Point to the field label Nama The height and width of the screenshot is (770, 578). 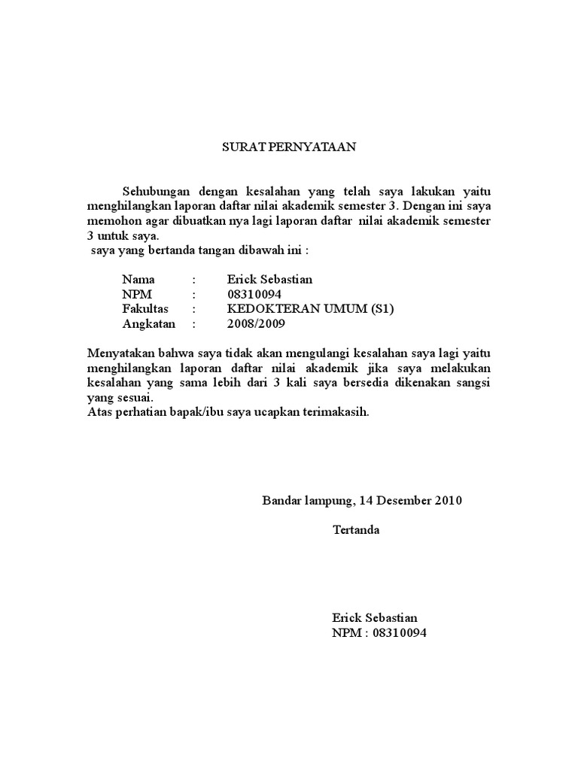point(138,280)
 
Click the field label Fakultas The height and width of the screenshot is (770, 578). point(145,309)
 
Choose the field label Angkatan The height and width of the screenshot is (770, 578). point(148,324)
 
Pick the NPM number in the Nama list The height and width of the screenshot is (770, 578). point(254,294)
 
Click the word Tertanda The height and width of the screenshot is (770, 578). point(356,530)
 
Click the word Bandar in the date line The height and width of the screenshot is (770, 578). point(281,501)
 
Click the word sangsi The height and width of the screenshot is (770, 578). point(473,383)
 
